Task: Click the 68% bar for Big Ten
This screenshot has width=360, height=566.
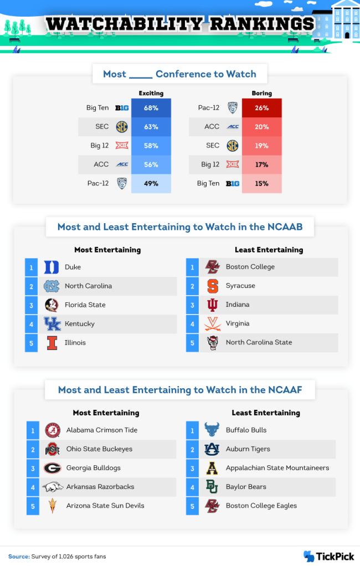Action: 151,108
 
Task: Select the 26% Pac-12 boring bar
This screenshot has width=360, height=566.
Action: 262,108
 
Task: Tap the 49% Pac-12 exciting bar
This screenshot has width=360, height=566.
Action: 151,183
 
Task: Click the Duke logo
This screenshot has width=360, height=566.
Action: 52,267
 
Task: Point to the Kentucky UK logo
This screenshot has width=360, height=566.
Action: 52,324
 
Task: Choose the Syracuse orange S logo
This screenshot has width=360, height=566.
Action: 212,286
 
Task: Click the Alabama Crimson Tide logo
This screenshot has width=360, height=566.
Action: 52,430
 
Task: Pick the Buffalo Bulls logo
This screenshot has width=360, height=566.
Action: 212,430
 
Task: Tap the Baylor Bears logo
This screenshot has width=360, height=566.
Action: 212,487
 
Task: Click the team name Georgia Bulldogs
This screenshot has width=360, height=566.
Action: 93,468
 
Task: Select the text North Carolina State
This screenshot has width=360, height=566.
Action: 259,342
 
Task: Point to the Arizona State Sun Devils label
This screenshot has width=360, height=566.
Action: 105,506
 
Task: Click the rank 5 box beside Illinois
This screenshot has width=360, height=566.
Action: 32,343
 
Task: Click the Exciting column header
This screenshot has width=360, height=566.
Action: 151,94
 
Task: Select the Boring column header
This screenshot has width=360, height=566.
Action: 261,94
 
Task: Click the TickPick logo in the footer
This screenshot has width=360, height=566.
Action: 328,556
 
